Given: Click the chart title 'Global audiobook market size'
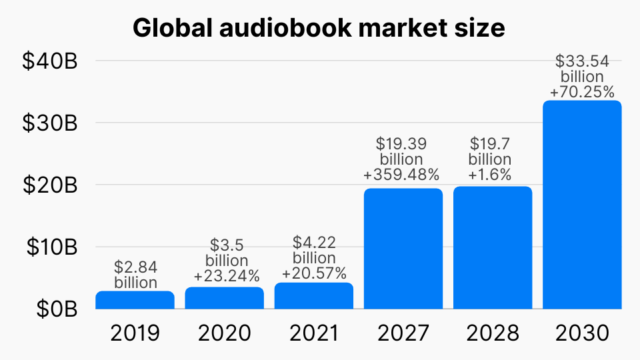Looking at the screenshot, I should click(319, 29).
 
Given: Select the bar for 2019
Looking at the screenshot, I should click(135, 301).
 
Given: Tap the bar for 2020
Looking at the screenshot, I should click(225, 298).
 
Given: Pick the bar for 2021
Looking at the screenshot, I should click(314, 296).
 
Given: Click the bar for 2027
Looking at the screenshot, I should click(403, 249).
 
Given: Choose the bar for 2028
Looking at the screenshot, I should click(493, 248).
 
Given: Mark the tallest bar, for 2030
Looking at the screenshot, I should click(582, 205).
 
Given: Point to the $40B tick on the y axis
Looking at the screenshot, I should click(50, 61).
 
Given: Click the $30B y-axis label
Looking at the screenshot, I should click(50, 123).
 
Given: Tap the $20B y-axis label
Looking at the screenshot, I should click(50, 185).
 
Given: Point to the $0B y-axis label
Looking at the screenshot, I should click(56, 309).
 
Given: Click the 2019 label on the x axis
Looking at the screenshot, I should click(135, 333).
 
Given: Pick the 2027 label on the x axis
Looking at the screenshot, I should click(403, 333).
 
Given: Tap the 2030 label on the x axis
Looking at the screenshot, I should click(582, 333).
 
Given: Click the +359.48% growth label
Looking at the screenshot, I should click(402, 175).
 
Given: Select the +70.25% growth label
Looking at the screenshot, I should click(582, 92).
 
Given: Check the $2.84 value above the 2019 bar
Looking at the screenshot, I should click(135, 267).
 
